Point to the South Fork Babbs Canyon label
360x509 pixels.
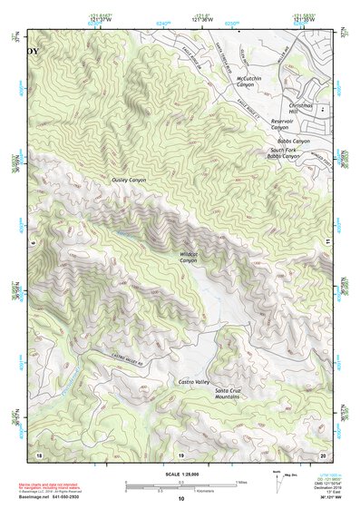283,153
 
